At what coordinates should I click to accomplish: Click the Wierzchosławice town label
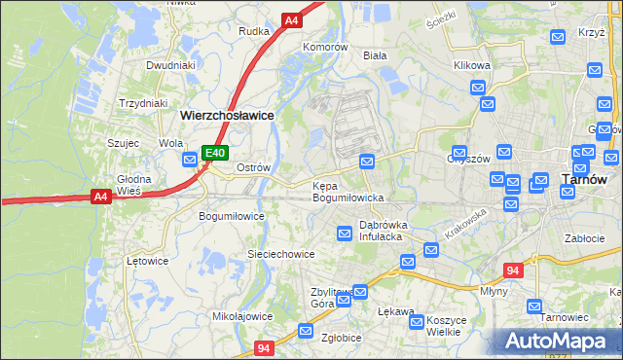[x=227, y=114]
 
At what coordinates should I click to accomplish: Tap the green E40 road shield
[x=215, y=153]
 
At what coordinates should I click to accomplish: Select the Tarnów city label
[x=585, y=179]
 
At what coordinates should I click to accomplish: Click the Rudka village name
[x=254, y=31]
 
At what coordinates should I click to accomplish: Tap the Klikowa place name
[x=472, y=65]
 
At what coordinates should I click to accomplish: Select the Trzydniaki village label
[x=143, y=102]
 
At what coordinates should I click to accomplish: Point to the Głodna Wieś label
[x=134, y=185]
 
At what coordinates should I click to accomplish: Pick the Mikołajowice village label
[x=242, y=316]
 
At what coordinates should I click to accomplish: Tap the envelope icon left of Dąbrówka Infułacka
[x=345, y=233]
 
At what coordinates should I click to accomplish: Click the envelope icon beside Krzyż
[x=558, y=37]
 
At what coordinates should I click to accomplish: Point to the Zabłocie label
[x=585, y=236]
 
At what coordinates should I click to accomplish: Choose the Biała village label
[x=375, y=55]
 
